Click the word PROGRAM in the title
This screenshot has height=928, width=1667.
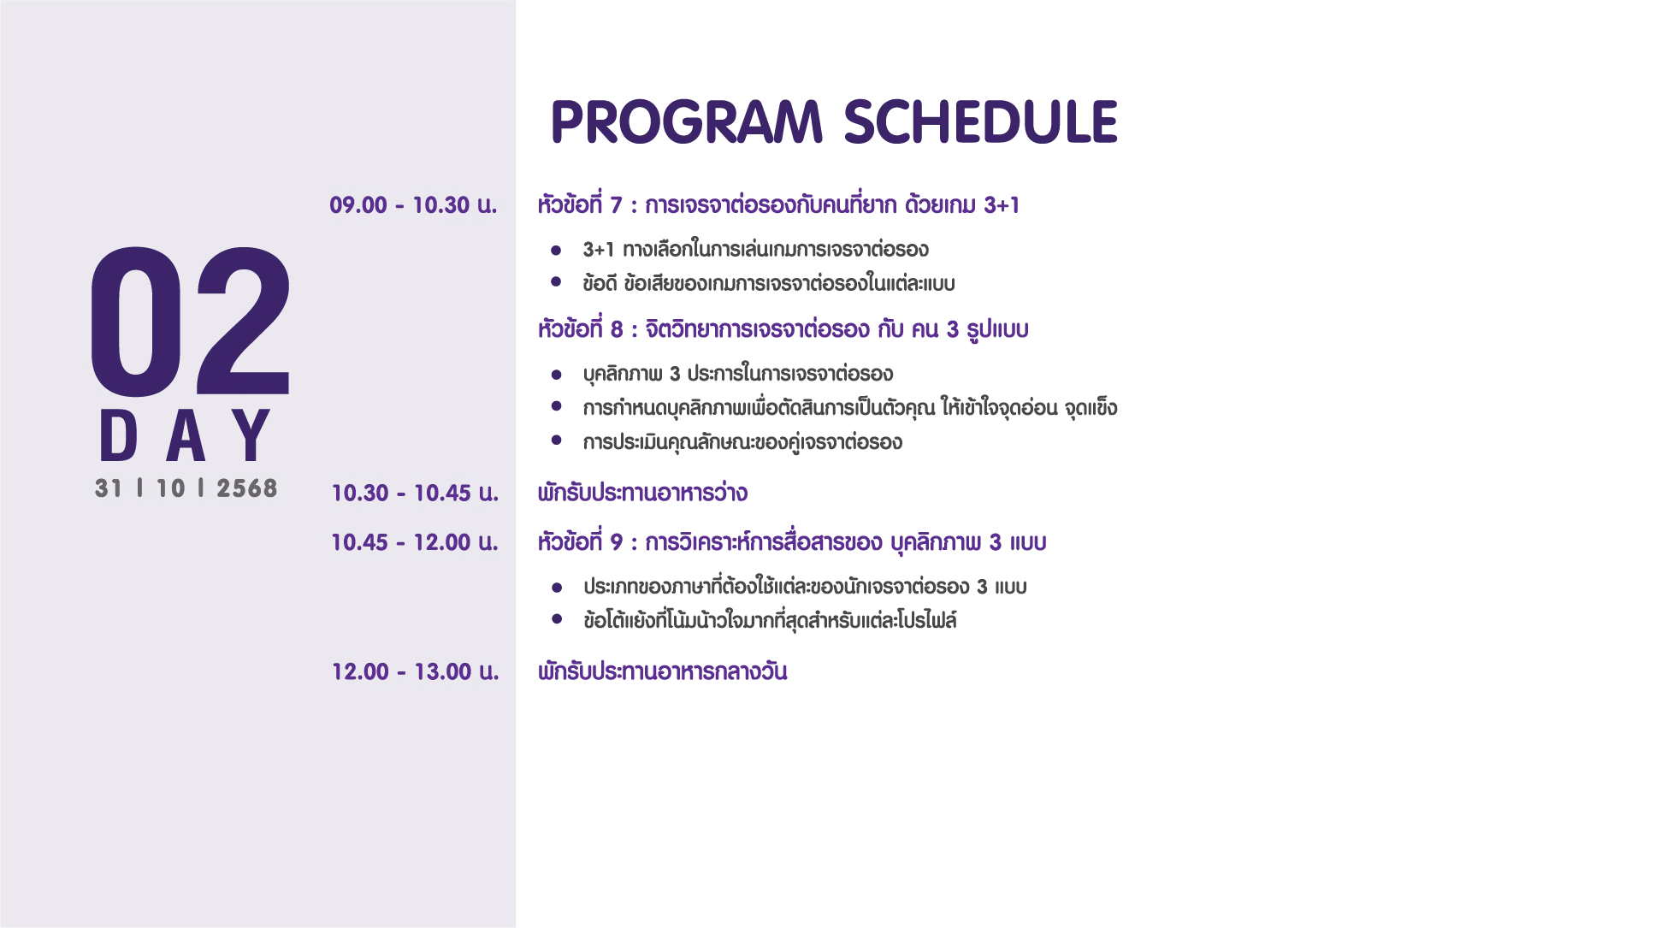click(x=687, y=121)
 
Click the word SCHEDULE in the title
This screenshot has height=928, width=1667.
click(x=981, y=121)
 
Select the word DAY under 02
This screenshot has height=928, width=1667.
click(x=186, y=436)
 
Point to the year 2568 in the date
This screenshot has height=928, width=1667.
click(x=247, y=488)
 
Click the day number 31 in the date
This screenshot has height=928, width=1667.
click(x=109, y=488)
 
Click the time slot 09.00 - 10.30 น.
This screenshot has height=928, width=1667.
click(x=413, y=205)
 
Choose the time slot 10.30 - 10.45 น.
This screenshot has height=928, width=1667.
click(x=415, y=493)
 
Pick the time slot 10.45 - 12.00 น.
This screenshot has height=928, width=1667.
click(x=415, y=542)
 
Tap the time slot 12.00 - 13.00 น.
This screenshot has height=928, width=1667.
click(x=415, y=671)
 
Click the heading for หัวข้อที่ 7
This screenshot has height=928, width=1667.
click(x=778, y=205)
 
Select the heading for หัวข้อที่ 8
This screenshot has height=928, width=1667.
click(x=783, y=329)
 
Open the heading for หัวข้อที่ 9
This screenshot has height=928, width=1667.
click(x=792, y=542)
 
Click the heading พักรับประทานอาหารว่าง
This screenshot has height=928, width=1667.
click(x=642, y=493)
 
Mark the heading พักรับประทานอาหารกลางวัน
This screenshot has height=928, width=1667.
click(x=662, y=671)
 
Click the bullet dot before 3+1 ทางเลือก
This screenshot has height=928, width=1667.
click(x=556, y=251)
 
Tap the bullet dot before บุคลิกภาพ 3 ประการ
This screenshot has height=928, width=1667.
click(x=556, y=375)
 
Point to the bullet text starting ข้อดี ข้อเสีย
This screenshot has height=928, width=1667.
click(x=769, y=283)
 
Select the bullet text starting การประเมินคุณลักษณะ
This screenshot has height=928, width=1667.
click(x=742, y=442)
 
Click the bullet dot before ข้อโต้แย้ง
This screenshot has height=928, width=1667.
click(x=557, y=619)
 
